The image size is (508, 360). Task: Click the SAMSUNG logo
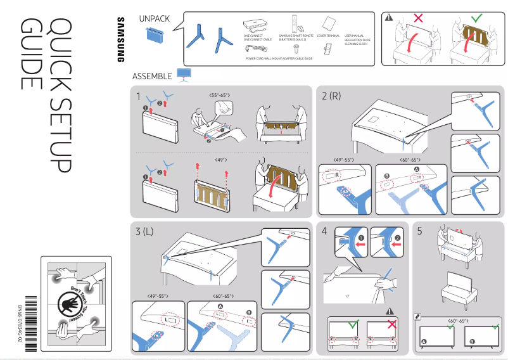pos(119,39)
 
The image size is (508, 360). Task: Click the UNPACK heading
pos(154,18)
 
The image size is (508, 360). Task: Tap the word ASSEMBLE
pos(152,76)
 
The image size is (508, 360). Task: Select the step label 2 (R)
pos(331,96)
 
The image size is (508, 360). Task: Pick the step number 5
pos(419,231)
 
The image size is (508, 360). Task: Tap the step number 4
pos(324,231)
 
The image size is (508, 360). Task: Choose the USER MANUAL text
pos(354,35)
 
